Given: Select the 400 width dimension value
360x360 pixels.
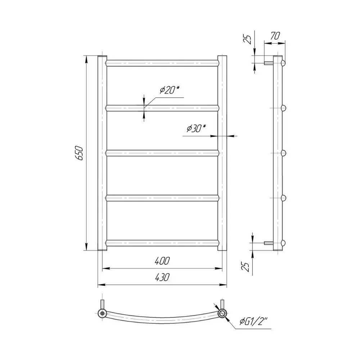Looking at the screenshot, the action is (162, 261).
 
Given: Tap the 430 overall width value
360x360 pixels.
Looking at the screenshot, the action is (162, 277).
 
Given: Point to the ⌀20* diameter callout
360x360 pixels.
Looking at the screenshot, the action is (169, 90).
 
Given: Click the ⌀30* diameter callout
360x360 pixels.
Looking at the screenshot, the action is (196, 129).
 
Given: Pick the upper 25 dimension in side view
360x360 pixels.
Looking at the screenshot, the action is (247, 39).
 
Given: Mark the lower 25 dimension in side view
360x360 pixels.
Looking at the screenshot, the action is (246, 267).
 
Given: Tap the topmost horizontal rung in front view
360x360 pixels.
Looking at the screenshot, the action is (162, 63).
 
